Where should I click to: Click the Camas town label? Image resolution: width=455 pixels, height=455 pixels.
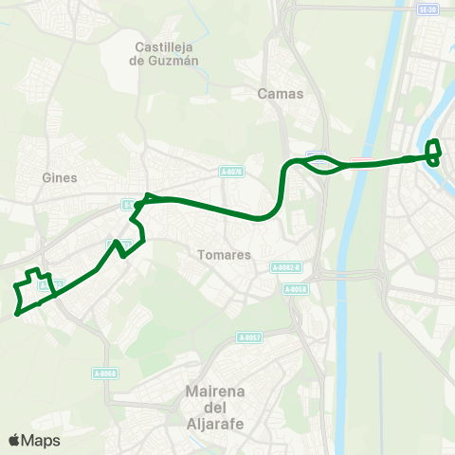coord(280,94)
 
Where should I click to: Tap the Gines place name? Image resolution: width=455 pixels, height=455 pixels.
coord(60,177)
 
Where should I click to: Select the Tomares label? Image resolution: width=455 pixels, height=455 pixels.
coord(225,255)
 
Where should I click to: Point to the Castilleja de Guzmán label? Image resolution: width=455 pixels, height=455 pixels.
coord(167,54)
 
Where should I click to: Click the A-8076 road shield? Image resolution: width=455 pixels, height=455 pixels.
coord(231,172)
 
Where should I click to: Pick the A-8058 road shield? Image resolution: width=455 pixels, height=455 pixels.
coord(297,289)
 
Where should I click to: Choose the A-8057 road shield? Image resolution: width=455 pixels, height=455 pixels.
coord(249,337)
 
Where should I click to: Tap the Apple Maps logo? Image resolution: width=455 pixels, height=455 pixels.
coord(34,440)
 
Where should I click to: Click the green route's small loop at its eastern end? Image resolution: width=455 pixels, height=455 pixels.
coord(433,153)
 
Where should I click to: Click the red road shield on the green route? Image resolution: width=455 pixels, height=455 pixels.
coord(361,161)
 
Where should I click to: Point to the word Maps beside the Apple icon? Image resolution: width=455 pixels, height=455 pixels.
coord(41,440)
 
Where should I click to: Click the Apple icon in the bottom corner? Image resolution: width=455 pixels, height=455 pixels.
coord(14,440)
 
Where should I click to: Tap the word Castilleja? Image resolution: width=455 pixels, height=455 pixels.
coord(167,46)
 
